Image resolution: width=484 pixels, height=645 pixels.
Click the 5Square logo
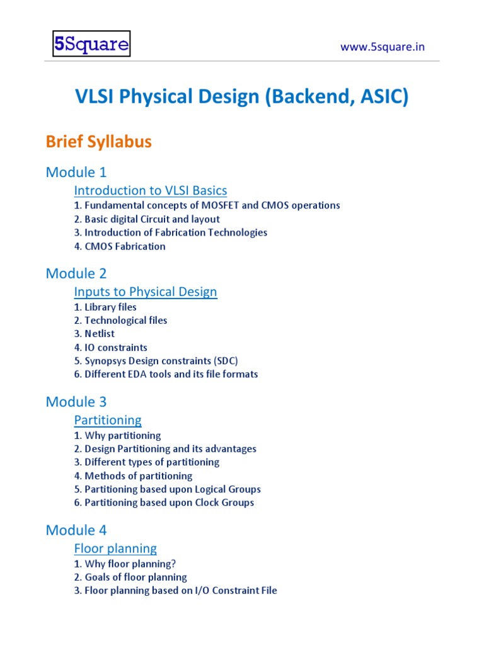coord(91,45)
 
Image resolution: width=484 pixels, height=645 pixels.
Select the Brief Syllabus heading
coord(99,142)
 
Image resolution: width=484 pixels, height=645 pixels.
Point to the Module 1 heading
coord(76,172)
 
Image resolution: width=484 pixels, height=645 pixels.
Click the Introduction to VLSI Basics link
coord(151,190)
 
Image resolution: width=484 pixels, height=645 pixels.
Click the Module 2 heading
coord(76,273)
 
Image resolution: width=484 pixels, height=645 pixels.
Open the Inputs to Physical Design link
coord(146,292)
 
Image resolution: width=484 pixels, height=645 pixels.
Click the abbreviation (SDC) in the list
coord(225,361)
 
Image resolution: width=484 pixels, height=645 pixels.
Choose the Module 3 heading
coord(76,402)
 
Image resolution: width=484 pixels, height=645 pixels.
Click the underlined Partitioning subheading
coord(108,420)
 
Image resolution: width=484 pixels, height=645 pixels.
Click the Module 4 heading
coord(76,530)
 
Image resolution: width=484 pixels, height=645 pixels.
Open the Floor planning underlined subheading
coord(115,549)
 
